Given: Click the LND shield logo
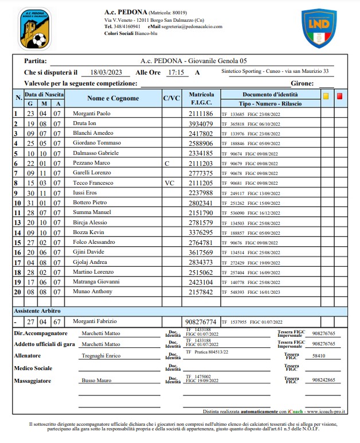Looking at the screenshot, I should point(319,28).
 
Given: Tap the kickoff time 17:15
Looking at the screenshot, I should point(175,73).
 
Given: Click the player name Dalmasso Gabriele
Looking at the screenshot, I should point(96,153).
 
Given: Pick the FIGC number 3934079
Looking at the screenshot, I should point(201,123).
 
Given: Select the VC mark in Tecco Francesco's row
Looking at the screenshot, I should point(169,183).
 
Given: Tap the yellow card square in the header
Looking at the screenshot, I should point(326,96).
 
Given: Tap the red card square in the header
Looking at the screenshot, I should point(339,96).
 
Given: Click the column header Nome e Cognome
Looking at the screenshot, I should point(113,98).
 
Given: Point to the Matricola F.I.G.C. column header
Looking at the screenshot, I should point(201,98).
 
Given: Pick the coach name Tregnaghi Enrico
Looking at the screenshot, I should point(100,356).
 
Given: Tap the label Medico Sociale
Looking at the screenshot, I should point(37,368).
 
